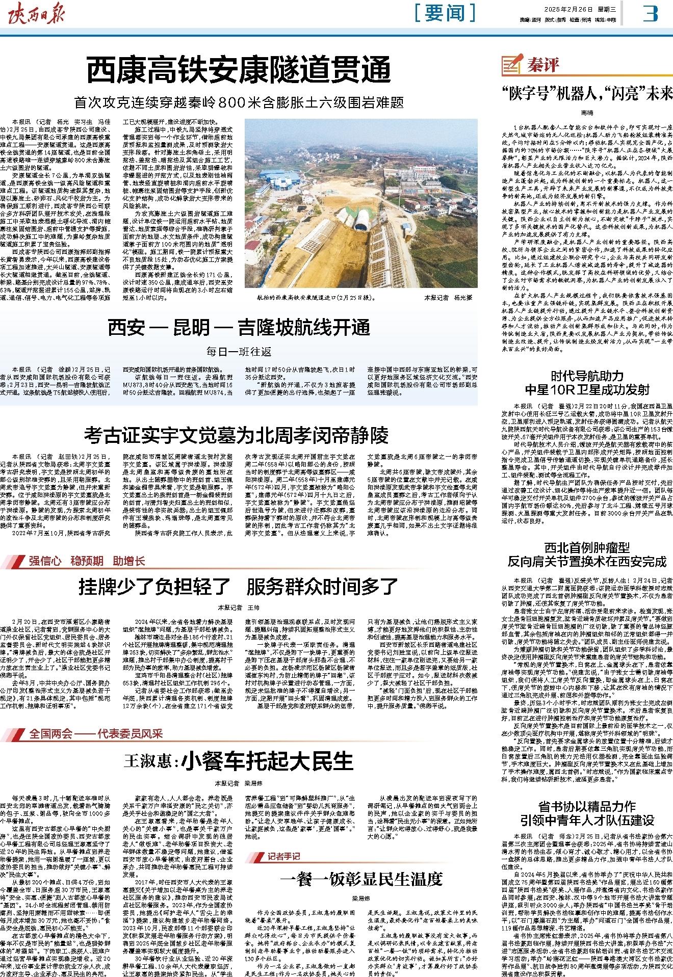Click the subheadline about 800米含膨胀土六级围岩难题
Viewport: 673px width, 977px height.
pos(239,102)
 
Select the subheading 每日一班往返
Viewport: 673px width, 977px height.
pos(239,352)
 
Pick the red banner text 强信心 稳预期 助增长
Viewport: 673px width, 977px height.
pos(87,561)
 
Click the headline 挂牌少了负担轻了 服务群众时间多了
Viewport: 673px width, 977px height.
pos(239,587)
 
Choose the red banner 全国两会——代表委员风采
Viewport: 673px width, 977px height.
pos(96,733)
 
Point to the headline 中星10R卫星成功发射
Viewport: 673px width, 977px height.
pos(587,390)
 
